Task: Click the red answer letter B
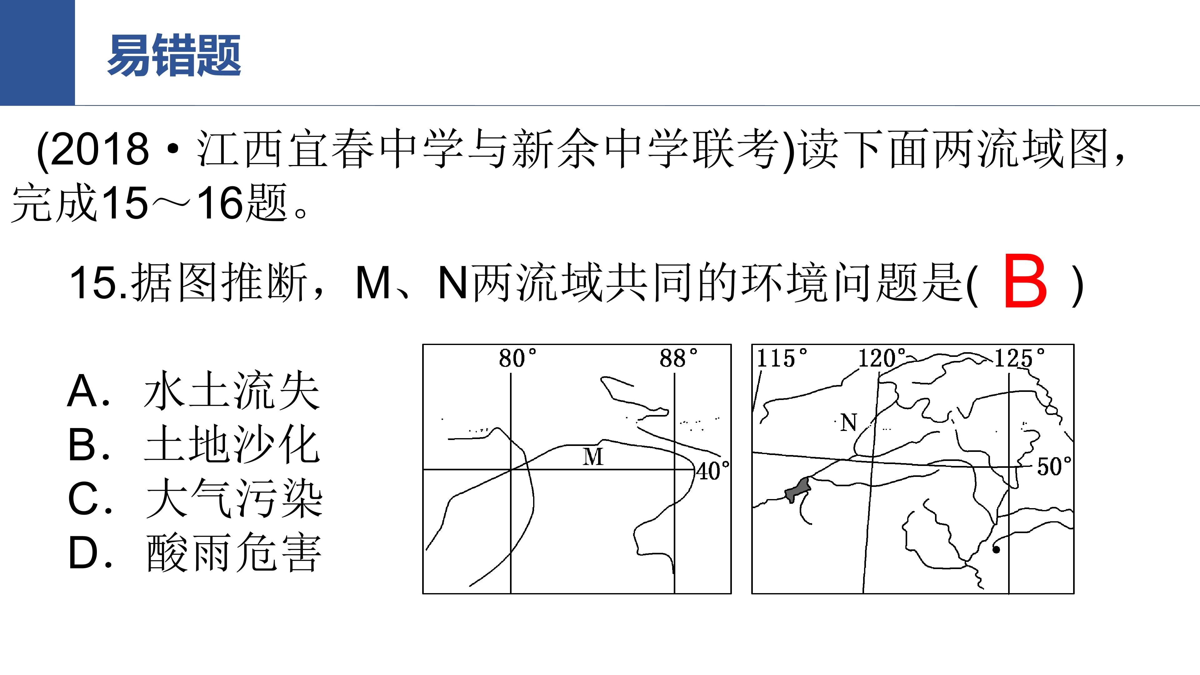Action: point(1025,281)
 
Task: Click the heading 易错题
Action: point(174,55)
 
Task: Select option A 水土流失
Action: point(193,390)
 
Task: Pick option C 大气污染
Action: point(195,498)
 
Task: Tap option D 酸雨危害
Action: point(195,552)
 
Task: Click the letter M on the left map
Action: point(593,457)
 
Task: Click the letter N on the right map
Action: point(848,422)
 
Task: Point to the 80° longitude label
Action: point(517,358)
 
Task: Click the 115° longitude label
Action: point(781,358)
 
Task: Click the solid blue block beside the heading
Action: point(37,52)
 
